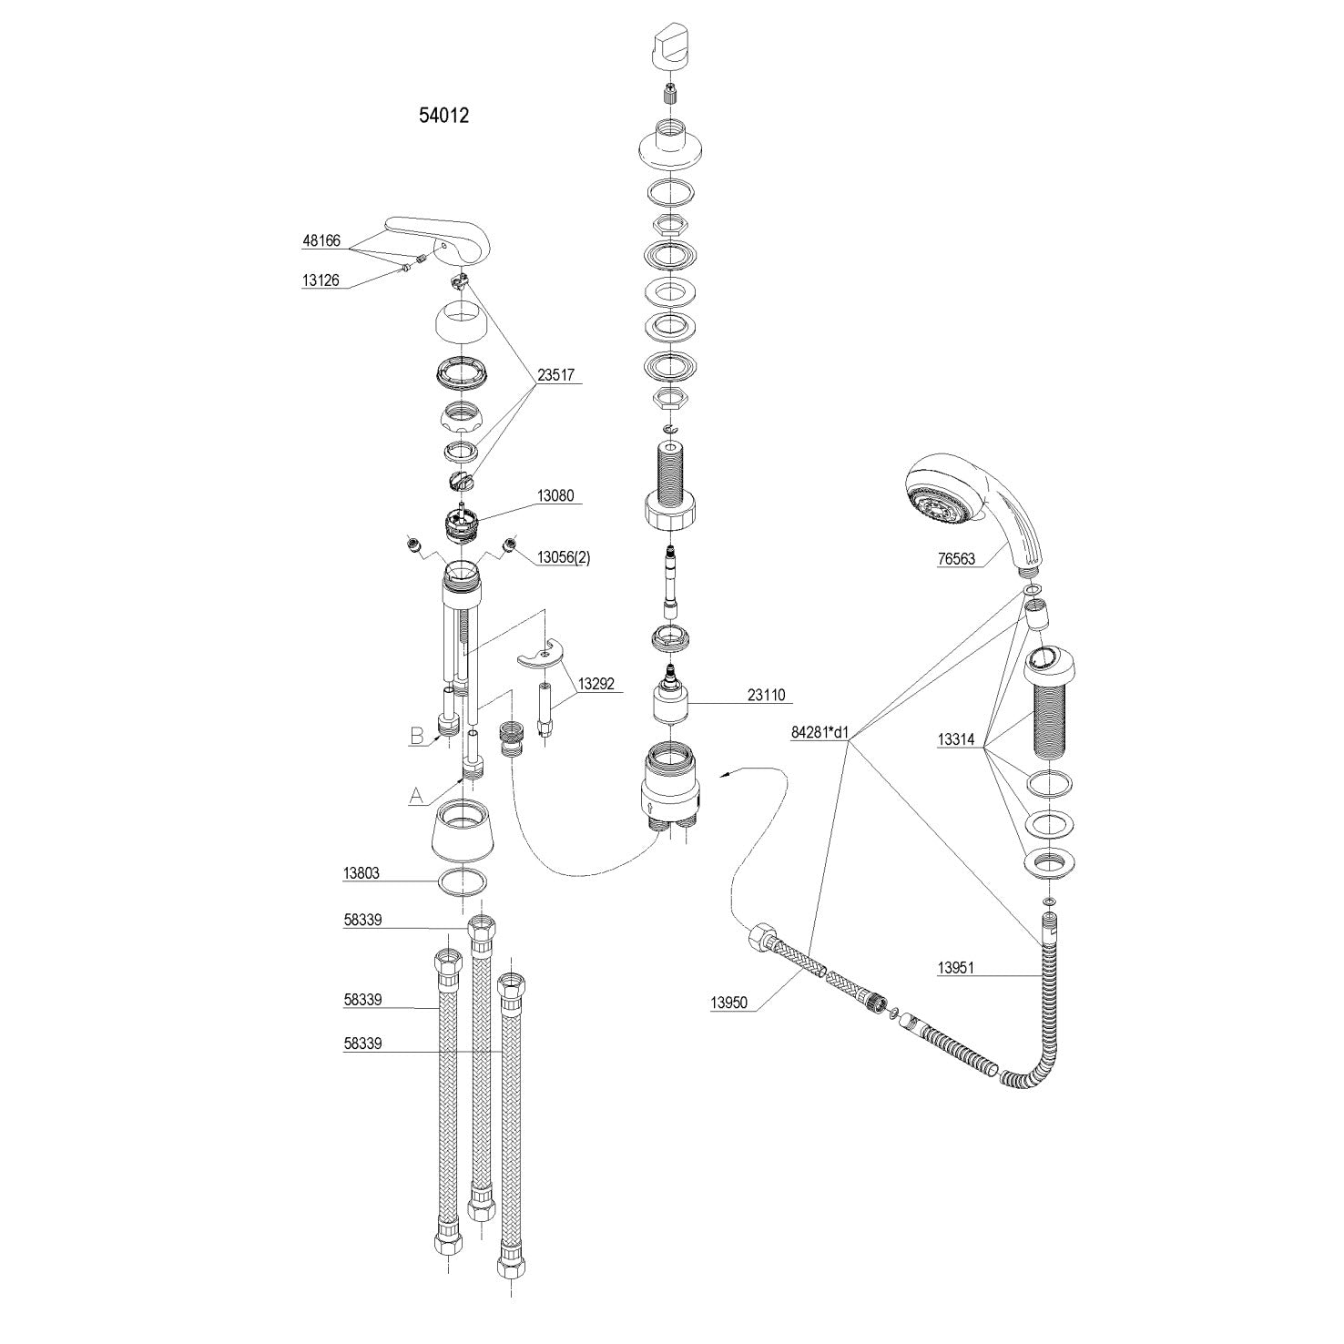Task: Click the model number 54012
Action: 443,116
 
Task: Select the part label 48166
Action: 321,241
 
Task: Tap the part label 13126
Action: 321,281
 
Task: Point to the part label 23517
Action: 556,373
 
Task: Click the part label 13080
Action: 555,496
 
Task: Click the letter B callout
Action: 417,736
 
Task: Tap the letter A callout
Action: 416,796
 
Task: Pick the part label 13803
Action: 361,873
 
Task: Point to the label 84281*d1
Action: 818,731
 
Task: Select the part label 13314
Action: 956,739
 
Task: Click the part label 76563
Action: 956,559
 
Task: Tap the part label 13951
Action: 956,968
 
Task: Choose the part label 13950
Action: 728,1003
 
